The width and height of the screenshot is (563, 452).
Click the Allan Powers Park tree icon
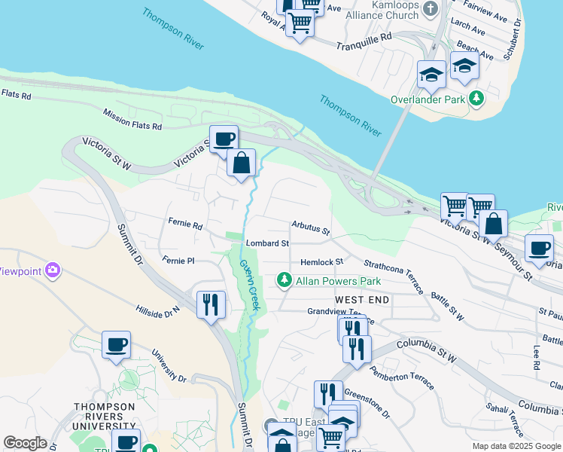(x=285, y=281)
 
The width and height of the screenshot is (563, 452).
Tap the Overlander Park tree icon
(x=476, y=99)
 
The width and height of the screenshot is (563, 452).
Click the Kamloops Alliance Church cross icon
(x=431, y=10)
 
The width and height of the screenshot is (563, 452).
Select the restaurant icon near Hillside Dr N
(x=210, y=304)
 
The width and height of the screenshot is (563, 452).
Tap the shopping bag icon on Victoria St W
(x=242, y=162)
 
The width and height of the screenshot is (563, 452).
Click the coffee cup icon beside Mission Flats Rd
(x=224, y=139)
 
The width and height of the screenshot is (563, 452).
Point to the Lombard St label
(x=267, y=244)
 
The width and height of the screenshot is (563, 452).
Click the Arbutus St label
(x=311, y=227)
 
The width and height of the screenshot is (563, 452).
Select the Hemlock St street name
(x=321, y=261)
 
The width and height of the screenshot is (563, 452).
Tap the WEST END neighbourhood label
(x=362, y=300)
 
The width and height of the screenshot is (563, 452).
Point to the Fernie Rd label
(x=185, y=225)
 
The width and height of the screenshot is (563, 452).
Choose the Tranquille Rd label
(x=365, y=36)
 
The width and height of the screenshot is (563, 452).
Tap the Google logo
(x=25, y=443)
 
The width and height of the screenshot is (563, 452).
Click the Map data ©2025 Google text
(x=516, y=446)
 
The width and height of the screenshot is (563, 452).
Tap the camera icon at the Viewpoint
(x=52, y=270)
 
